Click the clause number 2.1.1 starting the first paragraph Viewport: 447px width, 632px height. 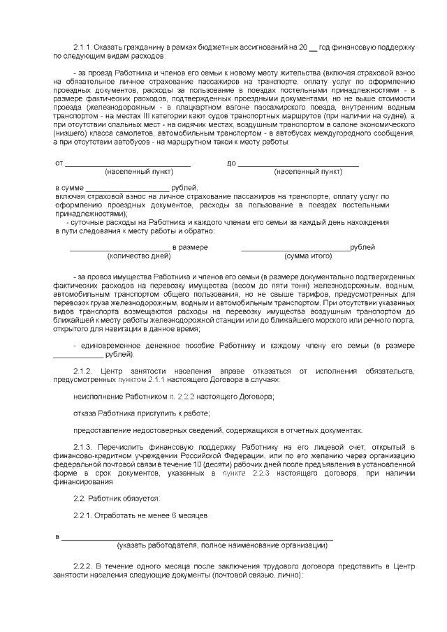82,47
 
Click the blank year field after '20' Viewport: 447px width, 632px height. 312,47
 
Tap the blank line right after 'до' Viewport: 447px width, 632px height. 298,163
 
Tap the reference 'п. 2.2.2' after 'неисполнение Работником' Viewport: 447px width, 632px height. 189,397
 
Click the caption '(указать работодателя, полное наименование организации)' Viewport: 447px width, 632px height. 223,545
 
